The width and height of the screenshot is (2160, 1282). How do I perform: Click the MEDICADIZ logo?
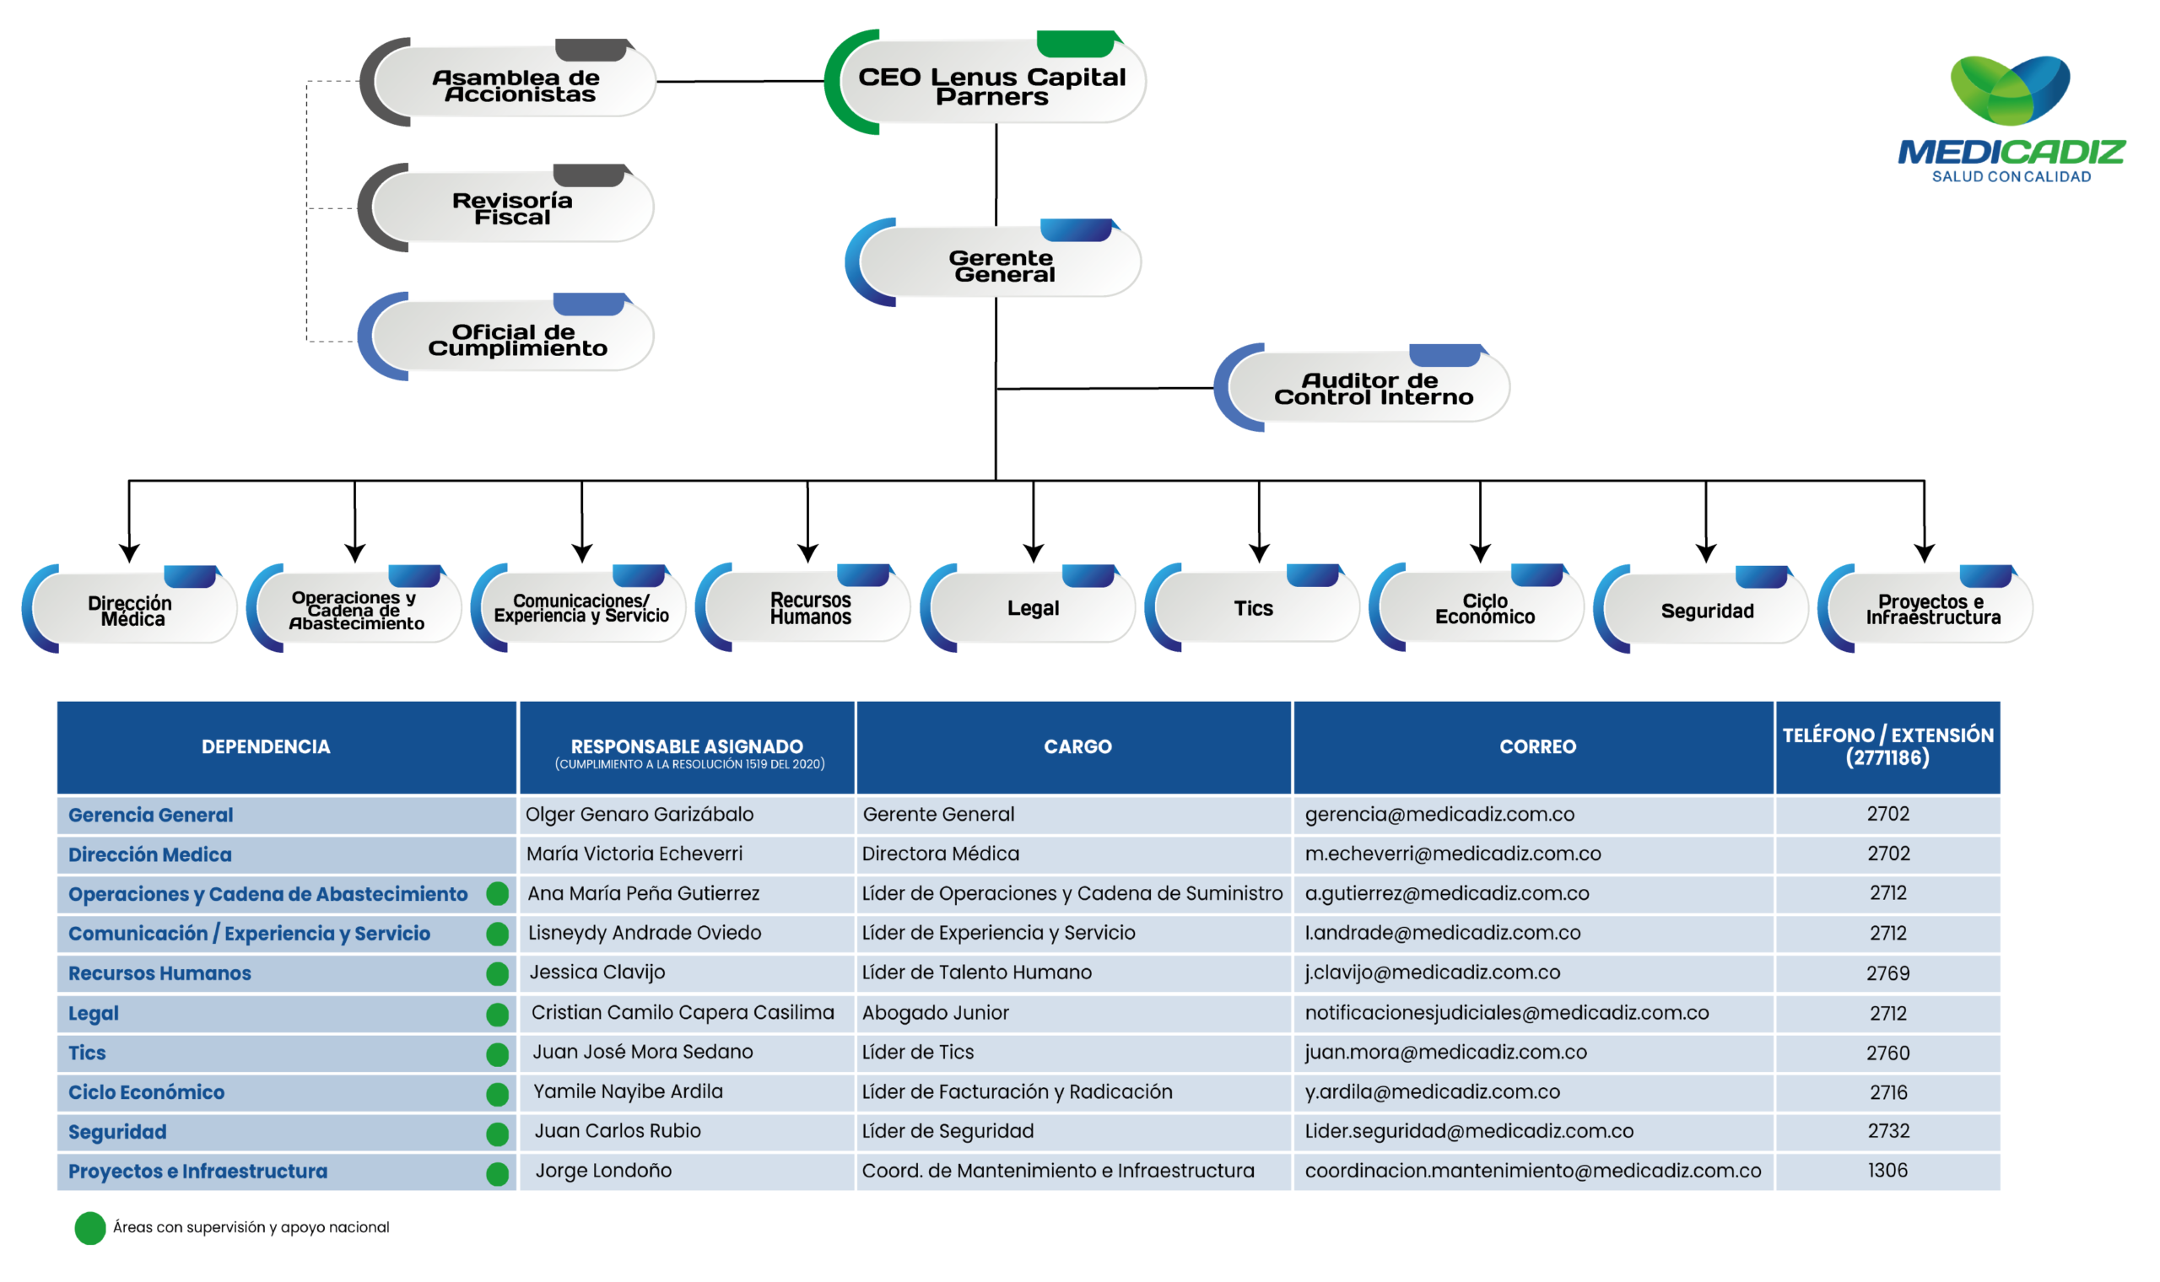tap(2011, 119)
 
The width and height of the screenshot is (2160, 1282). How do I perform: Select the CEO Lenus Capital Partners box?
tap(985, 82)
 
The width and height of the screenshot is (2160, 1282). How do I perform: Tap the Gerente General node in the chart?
tap(994, 262)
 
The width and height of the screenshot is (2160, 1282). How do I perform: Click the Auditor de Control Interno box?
tap(1362, 388)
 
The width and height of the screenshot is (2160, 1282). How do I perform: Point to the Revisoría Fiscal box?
tap(506, 207)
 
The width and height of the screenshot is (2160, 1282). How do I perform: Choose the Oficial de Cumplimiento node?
tap(506, 336)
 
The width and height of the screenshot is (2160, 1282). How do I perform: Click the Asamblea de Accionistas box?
tap(508, 82)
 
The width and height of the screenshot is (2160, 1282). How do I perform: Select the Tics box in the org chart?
tap(1252, 608)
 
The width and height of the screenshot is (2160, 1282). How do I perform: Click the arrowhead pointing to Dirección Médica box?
tap(130, 554)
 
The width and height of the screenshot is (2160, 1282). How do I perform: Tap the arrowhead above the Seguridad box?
tap(1705, 554)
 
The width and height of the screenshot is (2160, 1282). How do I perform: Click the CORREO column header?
tap(1538, 746)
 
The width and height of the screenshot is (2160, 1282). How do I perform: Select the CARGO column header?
tap(1077, 746)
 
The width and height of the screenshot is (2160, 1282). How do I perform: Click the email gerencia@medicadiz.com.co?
tap(1439, 815)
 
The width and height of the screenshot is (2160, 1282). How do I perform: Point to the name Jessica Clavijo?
tap(597, 972)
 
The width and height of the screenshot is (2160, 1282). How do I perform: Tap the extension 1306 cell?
tap(1887, 1171)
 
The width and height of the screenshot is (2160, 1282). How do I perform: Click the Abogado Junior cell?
tap(935, 1012)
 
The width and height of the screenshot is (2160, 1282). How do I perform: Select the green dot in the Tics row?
tap(498, 1054)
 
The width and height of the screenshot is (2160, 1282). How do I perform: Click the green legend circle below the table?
tap(89, 1228)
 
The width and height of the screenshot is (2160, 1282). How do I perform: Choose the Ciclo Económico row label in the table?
tap(146, 1093)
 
